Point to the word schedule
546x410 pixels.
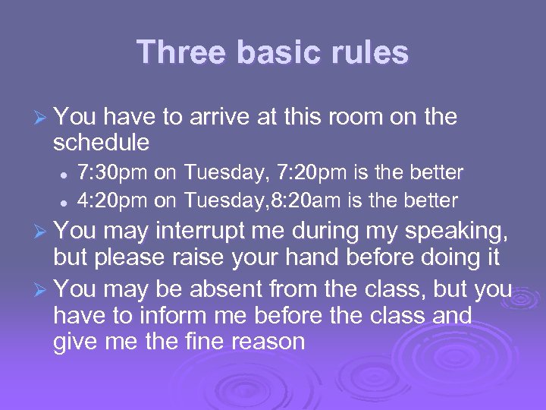coord(101,142)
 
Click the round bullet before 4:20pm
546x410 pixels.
coord(66,202)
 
